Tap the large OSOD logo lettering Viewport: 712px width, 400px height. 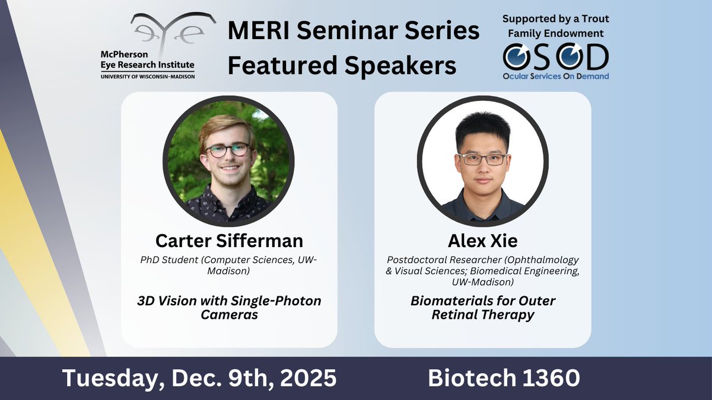[555, 57]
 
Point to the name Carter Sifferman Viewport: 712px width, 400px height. [229, 241]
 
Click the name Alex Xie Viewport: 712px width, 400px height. [482, 241]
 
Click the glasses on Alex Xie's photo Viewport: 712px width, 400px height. [483, 159]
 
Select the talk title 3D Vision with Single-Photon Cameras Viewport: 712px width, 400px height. [229, 308]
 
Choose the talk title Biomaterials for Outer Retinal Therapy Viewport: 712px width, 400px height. [482, 308]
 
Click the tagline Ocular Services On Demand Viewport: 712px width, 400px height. [555, 76]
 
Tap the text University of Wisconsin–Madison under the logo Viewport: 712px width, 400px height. [147, 76]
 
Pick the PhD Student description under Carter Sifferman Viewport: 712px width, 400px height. [229, 265]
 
